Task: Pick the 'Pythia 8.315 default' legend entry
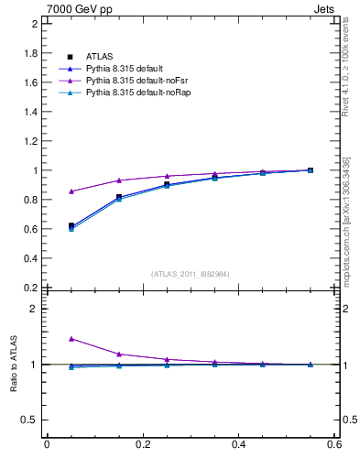[126, 69]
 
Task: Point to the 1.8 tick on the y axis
[30, 53]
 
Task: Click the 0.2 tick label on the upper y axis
[30, 288]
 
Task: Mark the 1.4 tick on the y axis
[30, 112]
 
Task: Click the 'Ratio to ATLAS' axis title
[14, 365]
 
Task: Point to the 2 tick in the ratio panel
[35, 309]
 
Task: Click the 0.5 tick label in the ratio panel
[30, 420]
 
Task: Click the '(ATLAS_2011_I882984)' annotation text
[191, 274]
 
